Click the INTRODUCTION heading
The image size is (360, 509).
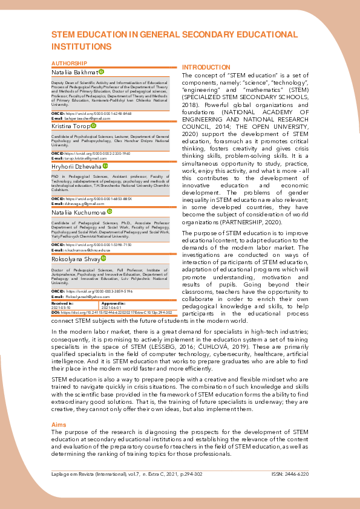(206, 67)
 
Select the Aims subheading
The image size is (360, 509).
(59, 425)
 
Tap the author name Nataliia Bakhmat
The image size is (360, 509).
(74, 72)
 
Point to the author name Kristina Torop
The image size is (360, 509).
(70, 125)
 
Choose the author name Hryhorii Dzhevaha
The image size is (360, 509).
(76, 166)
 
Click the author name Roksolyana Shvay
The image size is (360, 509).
(75, 258)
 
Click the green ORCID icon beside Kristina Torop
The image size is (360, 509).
(93, 125)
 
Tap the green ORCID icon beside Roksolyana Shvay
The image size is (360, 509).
(103, 258)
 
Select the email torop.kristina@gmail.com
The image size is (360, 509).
(85, 158)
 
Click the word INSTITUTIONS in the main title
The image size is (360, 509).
(82, 46)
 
